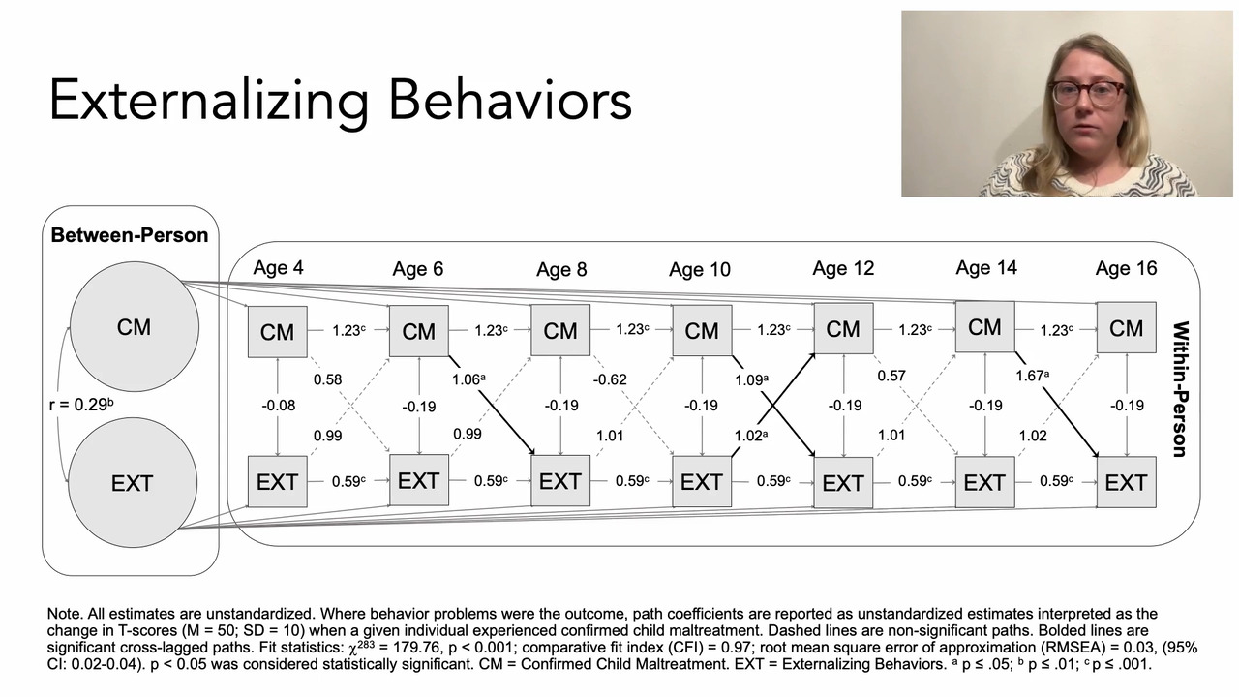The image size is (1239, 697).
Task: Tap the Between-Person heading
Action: coord(129,235)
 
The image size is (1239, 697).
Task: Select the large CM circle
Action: coord(134,327)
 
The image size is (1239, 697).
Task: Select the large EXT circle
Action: coord(132,482)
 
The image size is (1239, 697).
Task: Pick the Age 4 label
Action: coord(278,267)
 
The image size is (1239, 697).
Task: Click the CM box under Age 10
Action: coord(701,331)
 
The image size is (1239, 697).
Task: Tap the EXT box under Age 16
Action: coord(1126,482)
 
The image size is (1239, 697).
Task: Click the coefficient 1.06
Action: coord(467,379)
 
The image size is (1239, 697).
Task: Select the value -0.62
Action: coord(610,379)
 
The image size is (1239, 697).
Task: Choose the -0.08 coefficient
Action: coord(278,405)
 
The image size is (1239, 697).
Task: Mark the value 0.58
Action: coord(327,379)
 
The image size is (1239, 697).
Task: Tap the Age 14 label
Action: coord(985,268)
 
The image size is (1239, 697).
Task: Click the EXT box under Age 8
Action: coord(559,481)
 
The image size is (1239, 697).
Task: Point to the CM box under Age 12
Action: coord(842,329)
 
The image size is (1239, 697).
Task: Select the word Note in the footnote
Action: coord(64,614)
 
